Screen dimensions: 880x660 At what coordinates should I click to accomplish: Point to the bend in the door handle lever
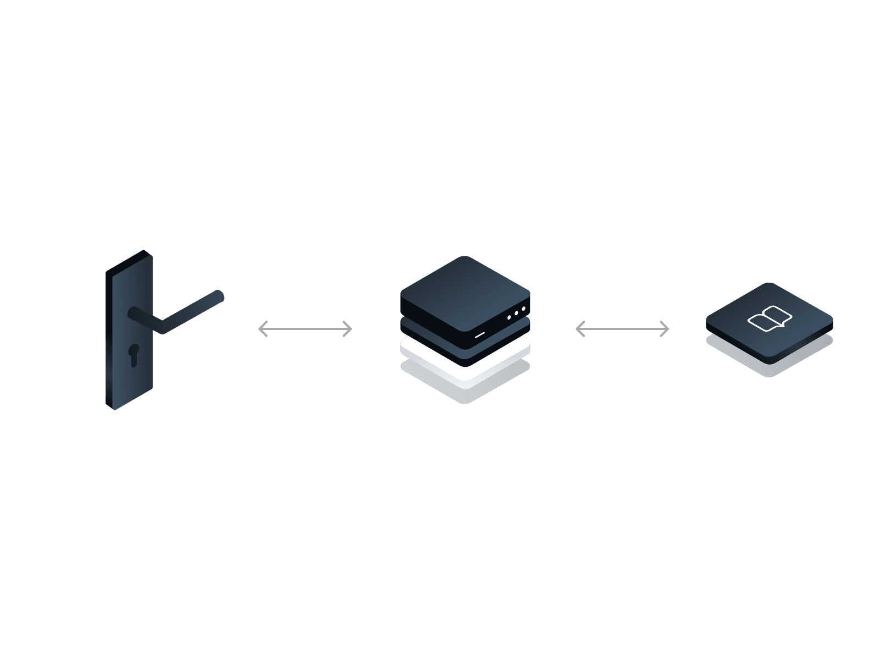pyautogui.click(x=163, y=328)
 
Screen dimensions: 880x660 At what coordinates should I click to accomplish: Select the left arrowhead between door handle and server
pyautogui.click(x=261, y=329)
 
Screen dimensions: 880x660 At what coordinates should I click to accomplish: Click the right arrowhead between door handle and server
pyautogui.click(x=349, y=329)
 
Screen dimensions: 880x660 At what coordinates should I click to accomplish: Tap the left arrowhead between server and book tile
pyautogui.click(x=578, y=329)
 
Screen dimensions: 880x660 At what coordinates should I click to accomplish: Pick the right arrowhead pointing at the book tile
pyautogui.click(x=666, y=329)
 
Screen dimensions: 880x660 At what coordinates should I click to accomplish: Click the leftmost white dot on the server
pyautogui.click(x=510, y=317)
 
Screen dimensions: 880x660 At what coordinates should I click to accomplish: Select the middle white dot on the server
pyautogui.click(x=517, y=313)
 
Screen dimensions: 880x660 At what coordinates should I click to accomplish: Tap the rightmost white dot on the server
pyautogui.click(x=523, y=309)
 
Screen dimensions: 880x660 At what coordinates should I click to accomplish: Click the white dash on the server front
pyautogui.click(x=480, y=334)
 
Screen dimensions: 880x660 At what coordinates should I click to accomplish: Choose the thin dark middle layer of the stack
pyautogui.click(x=418, y=330)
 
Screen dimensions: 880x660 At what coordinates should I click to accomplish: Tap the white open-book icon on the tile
pyautogui.click(x=770, y=319)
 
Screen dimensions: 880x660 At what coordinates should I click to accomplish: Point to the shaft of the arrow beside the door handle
pyautogui.click(x=305, y=329)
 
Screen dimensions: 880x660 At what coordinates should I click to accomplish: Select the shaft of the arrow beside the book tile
pyautogui.click(x=622, y=329)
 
